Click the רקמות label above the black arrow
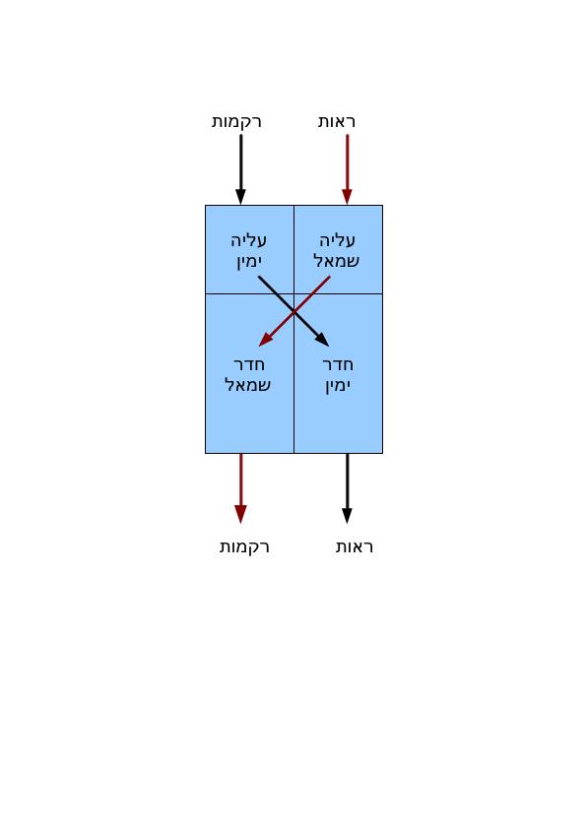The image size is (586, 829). pos(236,122)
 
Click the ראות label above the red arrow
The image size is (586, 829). pos(337,122)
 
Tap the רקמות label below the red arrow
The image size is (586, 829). pos(244,546)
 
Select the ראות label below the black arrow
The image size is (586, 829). pos(355,546)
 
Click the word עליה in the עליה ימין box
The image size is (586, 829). pos(248,240)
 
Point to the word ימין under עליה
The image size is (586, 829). pos(249,262)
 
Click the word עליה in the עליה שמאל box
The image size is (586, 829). pos(338,240)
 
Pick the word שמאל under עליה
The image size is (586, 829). pos(337,261)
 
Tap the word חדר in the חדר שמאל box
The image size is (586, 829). pos(249,365)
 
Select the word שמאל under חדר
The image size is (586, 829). pos(247,385)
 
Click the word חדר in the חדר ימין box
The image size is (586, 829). pos(338,365)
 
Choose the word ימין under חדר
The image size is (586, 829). pos(338,386)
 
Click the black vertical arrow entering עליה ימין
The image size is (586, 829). pos(240,169)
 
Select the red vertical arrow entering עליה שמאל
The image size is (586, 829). pos(347,169)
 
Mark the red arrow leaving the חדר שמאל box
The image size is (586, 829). pos(240,488)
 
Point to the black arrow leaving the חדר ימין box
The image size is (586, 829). pos(347,488)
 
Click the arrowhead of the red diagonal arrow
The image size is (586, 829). pos(265,341)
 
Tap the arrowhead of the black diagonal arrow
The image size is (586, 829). pos(323,341)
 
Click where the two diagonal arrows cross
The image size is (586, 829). pos(294,312)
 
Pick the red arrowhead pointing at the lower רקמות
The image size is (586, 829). pos(240,514)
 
